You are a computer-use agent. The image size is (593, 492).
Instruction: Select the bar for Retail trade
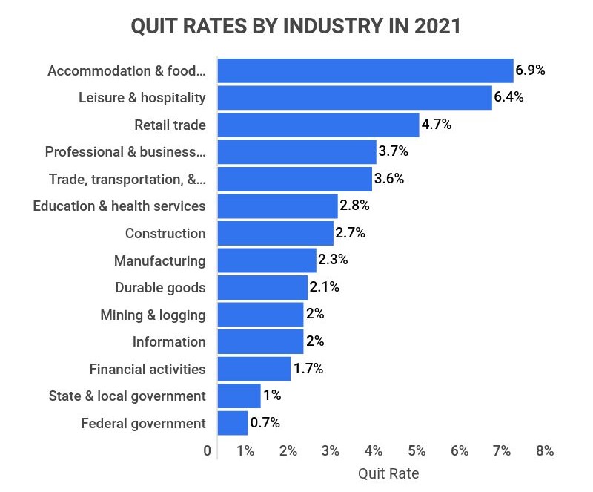319,125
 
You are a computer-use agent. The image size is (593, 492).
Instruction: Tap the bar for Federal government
233,423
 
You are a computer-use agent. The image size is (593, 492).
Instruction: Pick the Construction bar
276,233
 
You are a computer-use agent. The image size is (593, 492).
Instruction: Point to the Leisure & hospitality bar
355,97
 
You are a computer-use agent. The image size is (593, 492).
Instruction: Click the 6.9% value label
530,70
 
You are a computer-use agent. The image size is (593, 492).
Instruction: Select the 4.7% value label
437,125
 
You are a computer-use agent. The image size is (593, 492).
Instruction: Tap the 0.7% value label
265,423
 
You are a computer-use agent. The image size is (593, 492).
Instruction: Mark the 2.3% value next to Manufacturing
333,260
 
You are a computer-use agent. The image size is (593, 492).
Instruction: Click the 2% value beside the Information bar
315,341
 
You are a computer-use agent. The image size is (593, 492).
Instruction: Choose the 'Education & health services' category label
119,206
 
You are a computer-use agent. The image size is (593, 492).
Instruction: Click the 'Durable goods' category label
160,287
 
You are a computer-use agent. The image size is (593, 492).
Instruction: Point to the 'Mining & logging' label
153,315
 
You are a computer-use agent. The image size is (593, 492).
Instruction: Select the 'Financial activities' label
148,369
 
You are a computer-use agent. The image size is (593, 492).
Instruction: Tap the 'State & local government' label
127,396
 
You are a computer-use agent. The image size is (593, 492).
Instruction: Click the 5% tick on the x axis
417,450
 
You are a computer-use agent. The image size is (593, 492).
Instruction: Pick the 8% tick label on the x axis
544,450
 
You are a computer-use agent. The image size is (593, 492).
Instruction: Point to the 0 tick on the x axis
207,450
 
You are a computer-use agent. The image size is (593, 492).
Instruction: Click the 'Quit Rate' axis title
388,473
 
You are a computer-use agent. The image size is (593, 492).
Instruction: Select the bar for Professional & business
297,152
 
